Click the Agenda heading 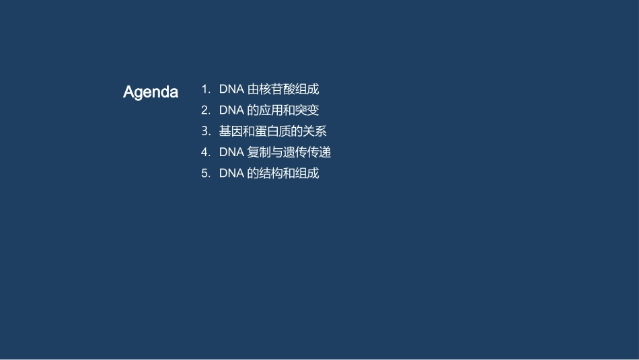[151, 92]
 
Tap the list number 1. [204, 89]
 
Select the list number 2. [205, 110]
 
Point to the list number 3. [205, 131]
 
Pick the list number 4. [205, 152]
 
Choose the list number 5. [205, 173]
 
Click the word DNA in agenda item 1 [231, 89]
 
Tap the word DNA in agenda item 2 [231, 110]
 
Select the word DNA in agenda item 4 [231, 152]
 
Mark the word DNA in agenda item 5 [231, 173]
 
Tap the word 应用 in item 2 [271, 110]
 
